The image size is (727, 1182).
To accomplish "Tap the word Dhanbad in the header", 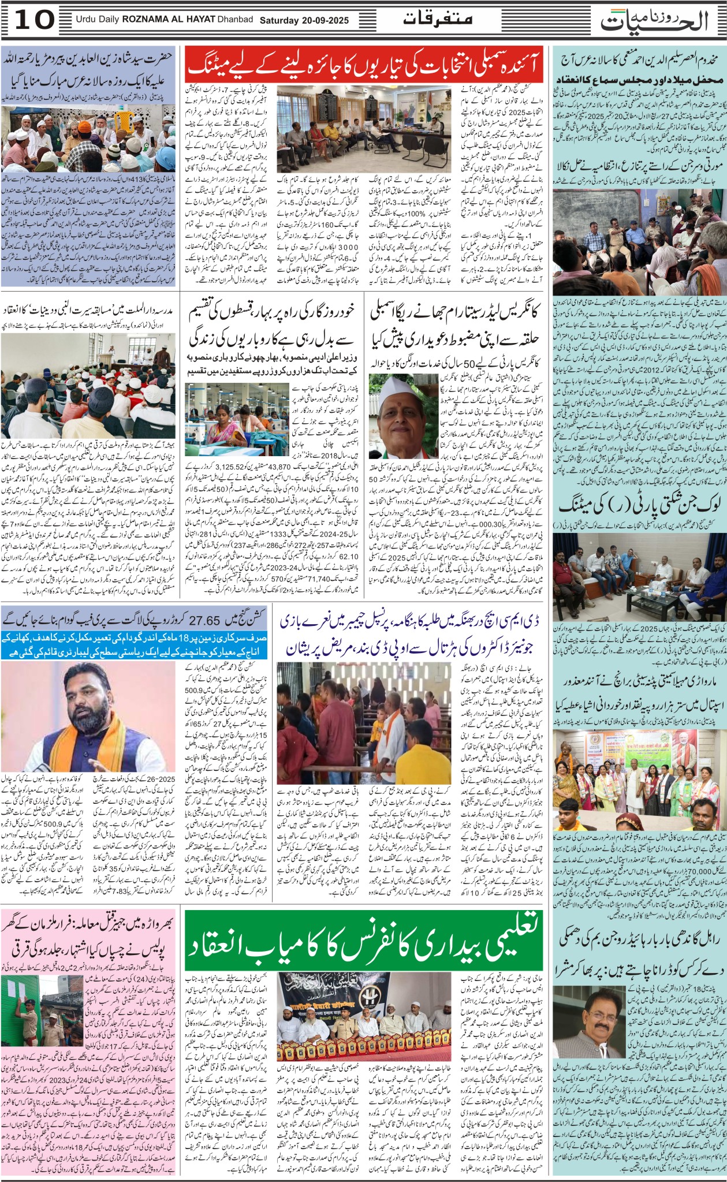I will [x=235, y=20].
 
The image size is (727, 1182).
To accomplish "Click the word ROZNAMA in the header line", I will [x=144, y=20].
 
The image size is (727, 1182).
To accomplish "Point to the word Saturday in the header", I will [x=279, y=20].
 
